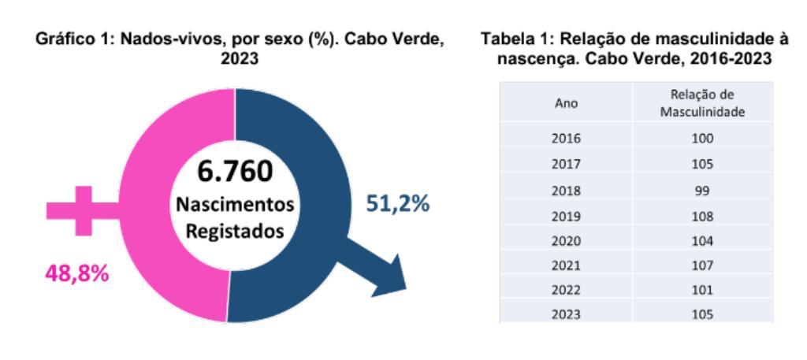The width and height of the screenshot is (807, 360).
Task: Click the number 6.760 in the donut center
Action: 235,171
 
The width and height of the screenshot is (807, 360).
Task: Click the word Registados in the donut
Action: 235,232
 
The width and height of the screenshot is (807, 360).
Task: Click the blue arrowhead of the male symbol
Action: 390,280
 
